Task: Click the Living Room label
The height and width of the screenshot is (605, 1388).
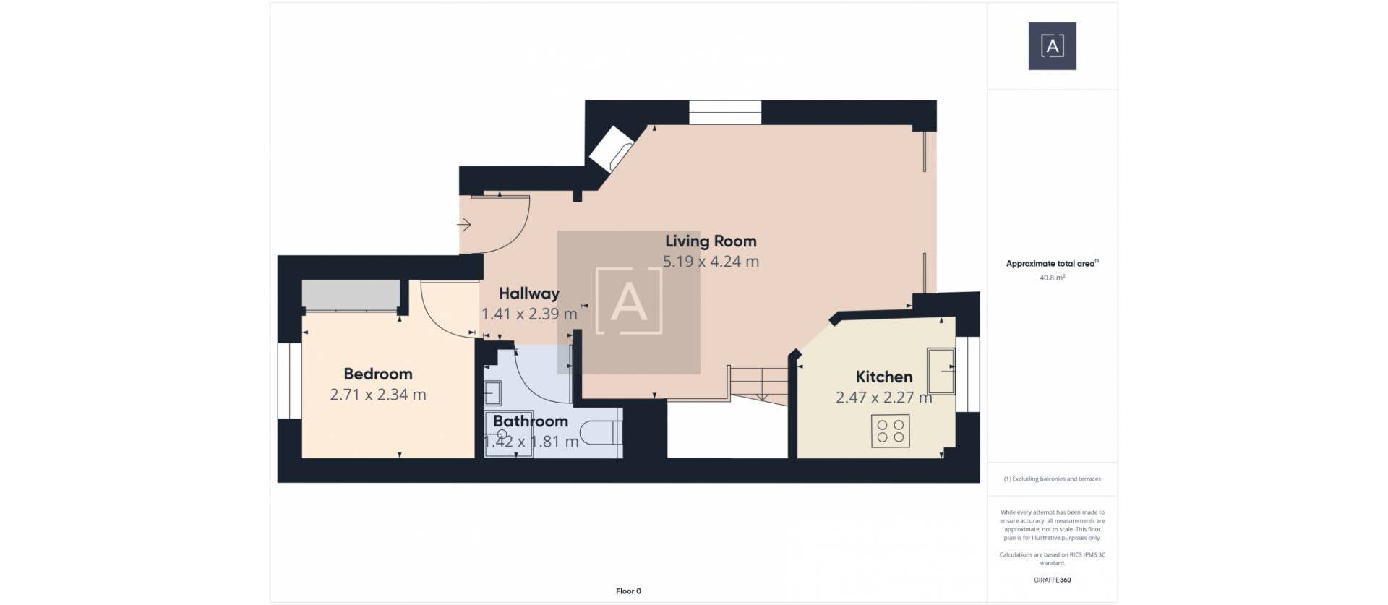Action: [x=710, y=241]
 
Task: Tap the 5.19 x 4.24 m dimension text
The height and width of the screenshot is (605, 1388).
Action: [x=710, y=262]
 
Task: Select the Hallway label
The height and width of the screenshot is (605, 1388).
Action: [x=528, y=293]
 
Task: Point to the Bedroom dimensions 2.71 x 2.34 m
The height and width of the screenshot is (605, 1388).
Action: [x=377, y=395]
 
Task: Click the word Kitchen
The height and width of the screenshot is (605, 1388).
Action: [x=883, y=377]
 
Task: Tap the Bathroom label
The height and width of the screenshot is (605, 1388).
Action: [x=530, y=421]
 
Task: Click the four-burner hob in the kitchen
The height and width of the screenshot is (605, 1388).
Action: [x=890, y=431]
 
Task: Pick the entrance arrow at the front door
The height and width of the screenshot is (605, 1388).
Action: [x=464, y=225]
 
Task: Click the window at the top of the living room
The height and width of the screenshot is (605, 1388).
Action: [x=724, y=113]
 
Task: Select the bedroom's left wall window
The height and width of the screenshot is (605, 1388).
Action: [x=290, y=380]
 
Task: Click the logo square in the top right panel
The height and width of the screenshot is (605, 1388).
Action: [x=1052, y=46]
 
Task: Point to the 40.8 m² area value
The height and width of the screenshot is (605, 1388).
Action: [x=1052, y=278]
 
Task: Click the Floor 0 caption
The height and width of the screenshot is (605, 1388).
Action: [x=628, y=591]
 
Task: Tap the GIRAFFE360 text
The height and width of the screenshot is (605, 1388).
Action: [x=1052, y=580]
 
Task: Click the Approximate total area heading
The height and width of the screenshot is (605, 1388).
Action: [x=1050, y=264]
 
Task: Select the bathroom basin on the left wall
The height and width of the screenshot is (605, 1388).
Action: [x=493, y=393]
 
